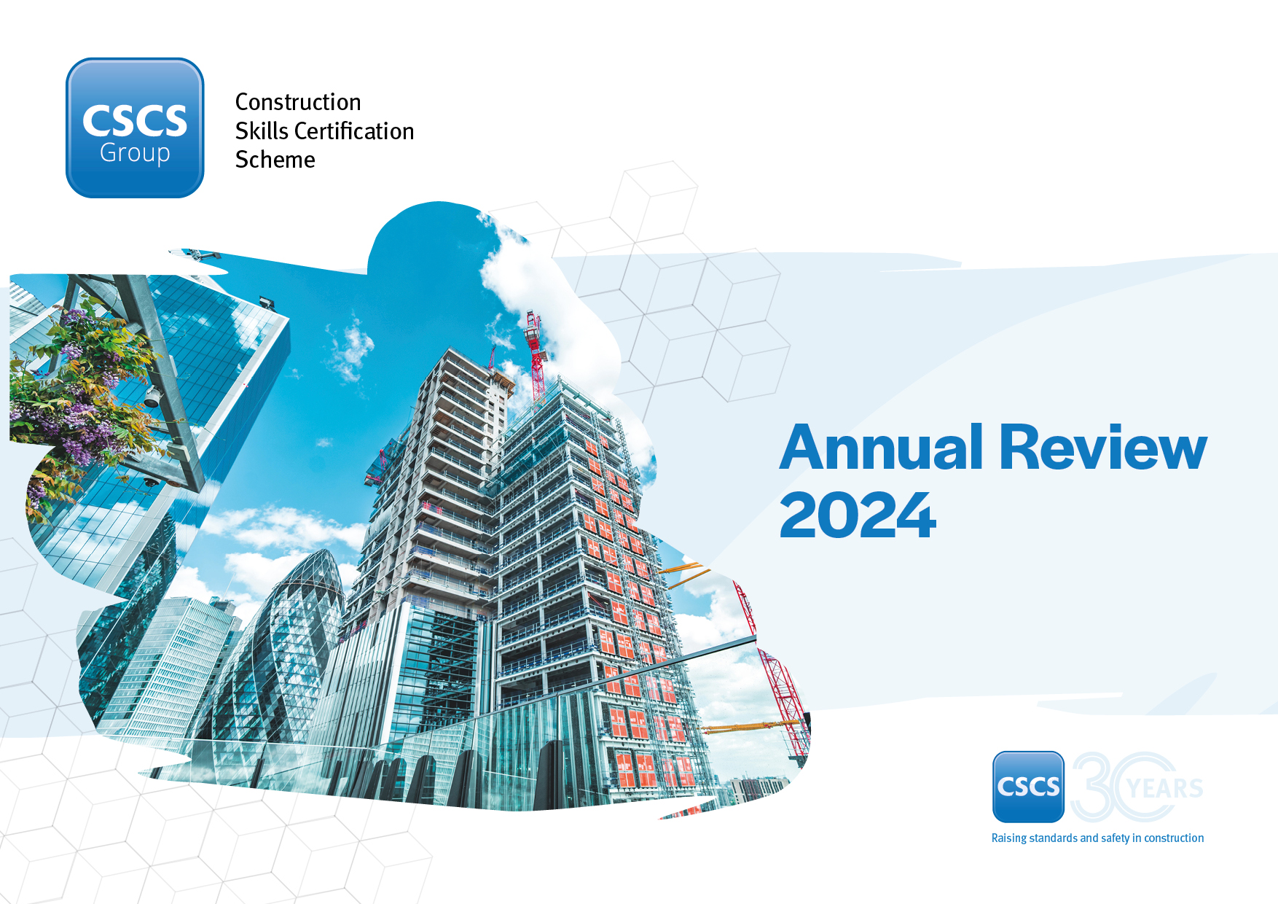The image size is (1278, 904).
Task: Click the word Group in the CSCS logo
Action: click(135, 153)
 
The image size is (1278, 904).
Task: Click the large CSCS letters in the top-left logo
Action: click(135, 120)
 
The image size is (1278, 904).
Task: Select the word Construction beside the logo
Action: click(298, 102)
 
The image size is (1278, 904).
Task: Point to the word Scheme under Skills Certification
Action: click(275, 160)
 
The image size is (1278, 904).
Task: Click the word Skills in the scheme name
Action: click(262, 131)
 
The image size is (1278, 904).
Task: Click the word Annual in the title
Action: click(882, 448)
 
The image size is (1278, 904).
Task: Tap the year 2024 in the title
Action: click(857, 515)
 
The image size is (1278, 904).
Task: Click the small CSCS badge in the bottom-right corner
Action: click(1028, 787)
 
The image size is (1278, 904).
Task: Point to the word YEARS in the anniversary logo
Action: click(1164, 788)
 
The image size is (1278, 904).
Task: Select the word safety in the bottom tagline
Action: click(1115, 838)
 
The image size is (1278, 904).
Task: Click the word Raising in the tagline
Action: click(1008, 838)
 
